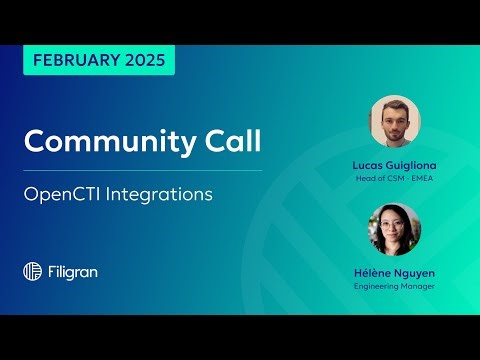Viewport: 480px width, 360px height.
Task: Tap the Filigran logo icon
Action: click(32, 271)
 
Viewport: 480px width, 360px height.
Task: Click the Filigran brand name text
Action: click(73, 271)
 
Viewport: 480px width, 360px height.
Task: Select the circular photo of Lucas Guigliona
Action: click(394, 122)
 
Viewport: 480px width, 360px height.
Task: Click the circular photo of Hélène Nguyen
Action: click(394, 230)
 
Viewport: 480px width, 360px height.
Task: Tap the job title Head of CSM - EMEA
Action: click(394, 178)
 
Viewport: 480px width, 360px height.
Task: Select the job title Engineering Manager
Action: click(394, 286)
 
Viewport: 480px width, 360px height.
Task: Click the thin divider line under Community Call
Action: click(142, 170)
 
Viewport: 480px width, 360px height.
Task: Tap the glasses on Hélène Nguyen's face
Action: click(394, 224)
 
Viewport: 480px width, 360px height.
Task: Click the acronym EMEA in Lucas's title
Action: click(423, 178)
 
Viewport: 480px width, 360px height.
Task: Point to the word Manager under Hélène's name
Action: click(418, 286)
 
